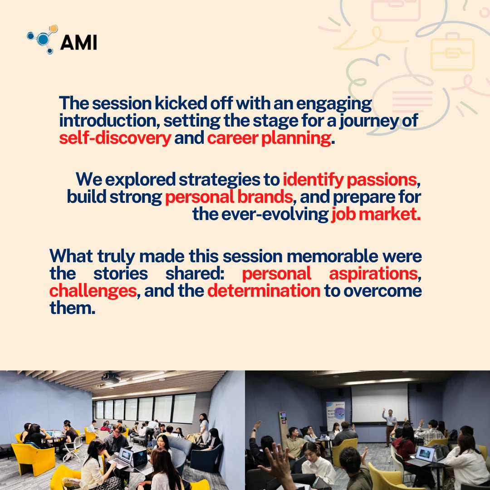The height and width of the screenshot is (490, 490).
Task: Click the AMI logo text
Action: click(78, 42)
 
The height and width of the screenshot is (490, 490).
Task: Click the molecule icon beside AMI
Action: click(43, 39)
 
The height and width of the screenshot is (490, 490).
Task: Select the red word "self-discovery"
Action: click(115, 138)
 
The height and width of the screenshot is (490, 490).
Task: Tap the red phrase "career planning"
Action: click(269, 138)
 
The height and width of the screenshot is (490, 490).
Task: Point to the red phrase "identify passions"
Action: click(349, 180)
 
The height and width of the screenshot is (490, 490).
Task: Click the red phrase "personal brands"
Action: click(229, 197)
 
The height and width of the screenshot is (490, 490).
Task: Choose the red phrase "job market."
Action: click(376, 214)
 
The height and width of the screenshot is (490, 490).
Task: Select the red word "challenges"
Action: click(93, 290)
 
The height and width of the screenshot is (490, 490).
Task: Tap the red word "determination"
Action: click(264, 290)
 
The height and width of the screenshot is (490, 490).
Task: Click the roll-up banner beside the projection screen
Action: click(335, 415)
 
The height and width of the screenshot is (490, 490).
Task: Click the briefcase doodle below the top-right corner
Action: click(452, 54)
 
